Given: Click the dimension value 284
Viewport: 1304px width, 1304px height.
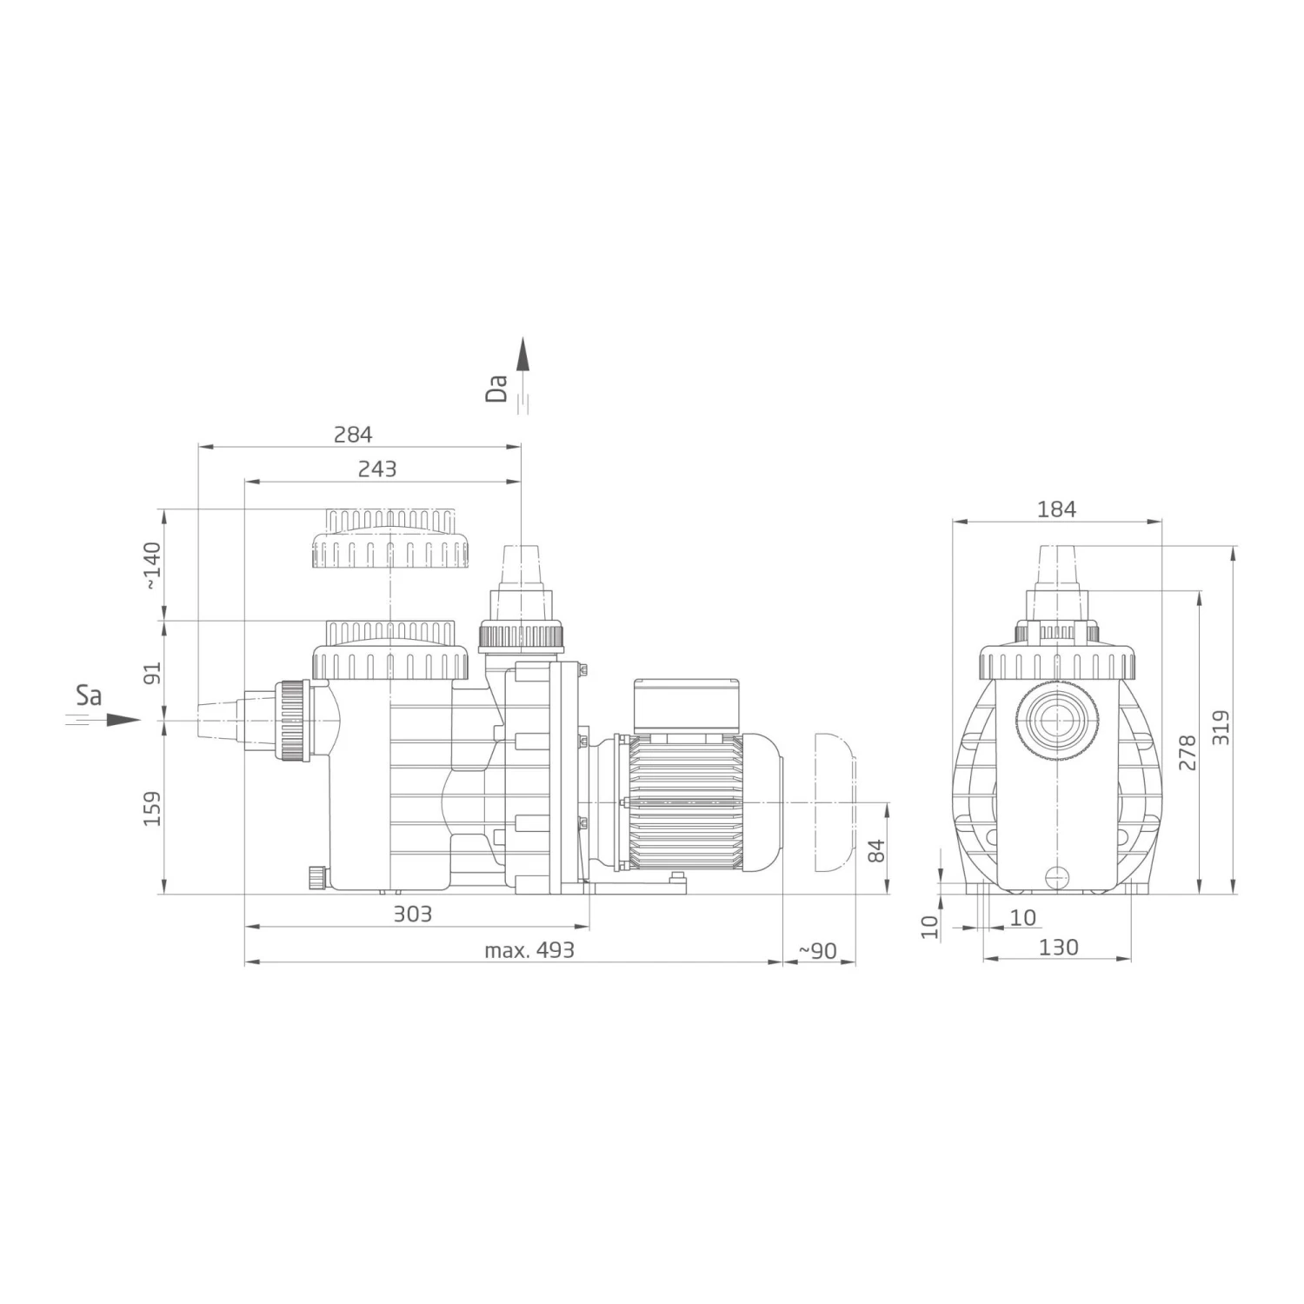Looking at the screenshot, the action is click(x=353, y=434).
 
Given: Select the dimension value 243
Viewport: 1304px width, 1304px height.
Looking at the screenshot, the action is click(x=377, y=469).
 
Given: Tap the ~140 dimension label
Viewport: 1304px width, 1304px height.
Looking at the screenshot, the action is click(x=152, y=567).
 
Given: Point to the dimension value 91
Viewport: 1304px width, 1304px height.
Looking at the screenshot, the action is click(x=152, y=673).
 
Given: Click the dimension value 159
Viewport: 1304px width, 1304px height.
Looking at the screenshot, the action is click(x=152, y=808).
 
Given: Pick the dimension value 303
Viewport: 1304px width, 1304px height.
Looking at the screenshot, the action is click(x=412, y=914).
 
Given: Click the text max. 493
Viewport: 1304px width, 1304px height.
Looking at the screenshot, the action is click(x=529, y=950).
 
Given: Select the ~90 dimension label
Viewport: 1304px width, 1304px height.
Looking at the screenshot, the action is click(x=817, y=951).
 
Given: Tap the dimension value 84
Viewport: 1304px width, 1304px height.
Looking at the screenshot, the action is click(x=875, y=850).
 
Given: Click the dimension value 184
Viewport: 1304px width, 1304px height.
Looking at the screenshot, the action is click(x=1056, y=509).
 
